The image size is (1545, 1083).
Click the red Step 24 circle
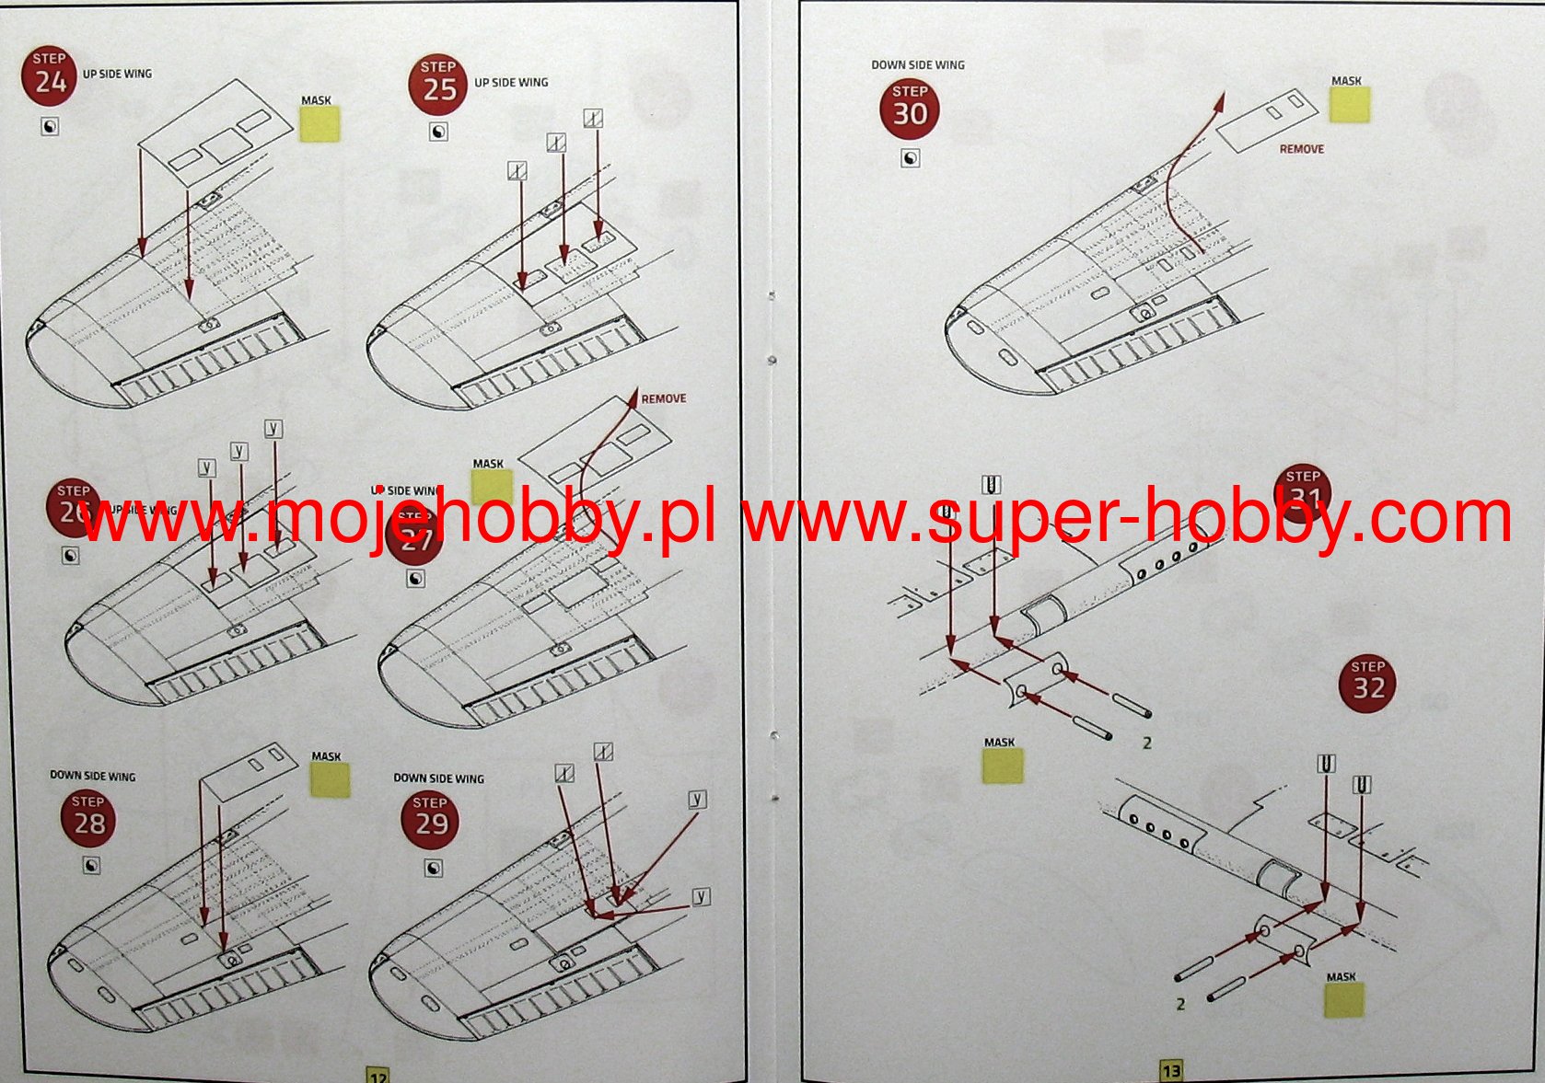click(x=49, y=75)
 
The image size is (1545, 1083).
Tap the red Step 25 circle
click(x=438, y=84)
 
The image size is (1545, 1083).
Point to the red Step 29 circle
click(x=430, y=819)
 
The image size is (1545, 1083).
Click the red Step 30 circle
click(x=910, y=109)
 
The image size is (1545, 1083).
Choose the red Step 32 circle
click(x=1367, y=683)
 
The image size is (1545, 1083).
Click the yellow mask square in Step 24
click(x=319, y=124)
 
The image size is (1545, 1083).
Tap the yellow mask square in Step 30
click(x=1350, y=105)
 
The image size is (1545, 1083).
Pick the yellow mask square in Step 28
click(x=331, y=780)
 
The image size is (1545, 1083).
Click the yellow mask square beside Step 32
click(x=1343, y=1000)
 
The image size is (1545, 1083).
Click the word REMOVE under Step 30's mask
click(x=1301, y=149)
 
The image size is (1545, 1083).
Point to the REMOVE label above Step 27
click(x=663, y=398)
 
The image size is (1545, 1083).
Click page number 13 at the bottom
click(x=1170, y=1071)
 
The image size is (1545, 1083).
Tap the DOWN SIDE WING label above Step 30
click(x=917, y=65)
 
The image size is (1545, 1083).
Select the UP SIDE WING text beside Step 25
click(x=511, y=83)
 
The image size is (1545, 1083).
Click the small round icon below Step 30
click(x=910, y=158)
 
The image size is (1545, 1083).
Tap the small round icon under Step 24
click(x=50, y=127)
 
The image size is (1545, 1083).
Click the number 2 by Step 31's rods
click(x=1146, y=743)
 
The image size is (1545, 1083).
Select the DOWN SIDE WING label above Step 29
click(x=438, y=778)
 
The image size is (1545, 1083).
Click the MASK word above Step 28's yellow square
click(x=326, y=756)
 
